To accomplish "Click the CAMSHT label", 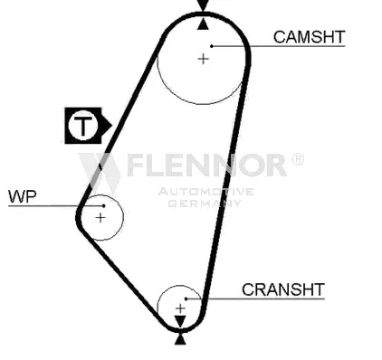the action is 309,37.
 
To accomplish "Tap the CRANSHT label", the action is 283,289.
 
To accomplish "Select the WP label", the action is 23,196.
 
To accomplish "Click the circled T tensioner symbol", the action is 83,126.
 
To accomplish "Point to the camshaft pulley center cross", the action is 203,59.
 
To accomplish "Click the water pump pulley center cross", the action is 100,218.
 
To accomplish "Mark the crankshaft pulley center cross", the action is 180,308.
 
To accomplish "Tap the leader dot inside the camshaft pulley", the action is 212,46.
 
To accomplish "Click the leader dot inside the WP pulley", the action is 104,205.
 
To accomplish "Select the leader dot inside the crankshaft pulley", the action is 186,298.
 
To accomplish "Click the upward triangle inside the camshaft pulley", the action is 203,24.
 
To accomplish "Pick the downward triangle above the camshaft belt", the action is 203,5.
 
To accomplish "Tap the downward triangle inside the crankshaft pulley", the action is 180,321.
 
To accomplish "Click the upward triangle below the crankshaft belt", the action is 180,339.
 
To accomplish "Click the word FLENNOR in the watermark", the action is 206,165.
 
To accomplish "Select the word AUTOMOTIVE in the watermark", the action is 205,192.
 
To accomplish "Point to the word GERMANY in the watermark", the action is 205,203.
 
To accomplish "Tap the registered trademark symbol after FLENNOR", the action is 298,159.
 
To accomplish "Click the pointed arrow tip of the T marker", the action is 111,125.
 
